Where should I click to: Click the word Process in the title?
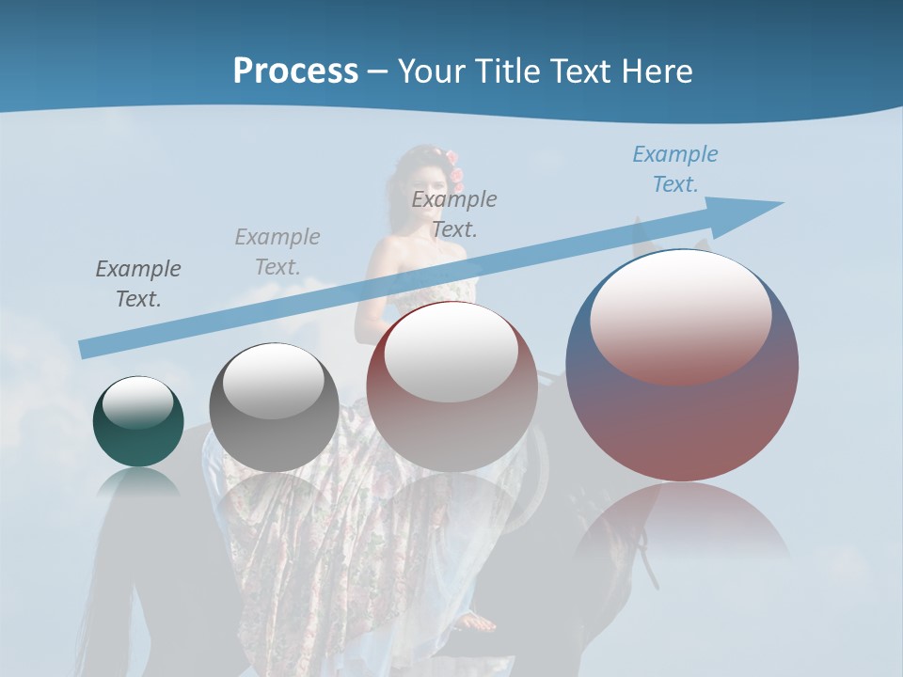pyautogui.click(x=295, y=71)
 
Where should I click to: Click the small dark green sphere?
pyautogui.click(x=138, y=422)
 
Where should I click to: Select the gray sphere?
pyautogui.click(x=274, y=409)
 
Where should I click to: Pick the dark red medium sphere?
pyautogui.click(x=451, y=387)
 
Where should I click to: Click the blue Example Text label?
pyautogui.click(x=674, y=169)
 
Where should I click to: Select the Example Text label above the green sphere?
pyautogui.click(x=137, y=284)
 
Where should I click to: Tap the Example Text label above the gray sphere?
pyautogui.click(x=277, y=251)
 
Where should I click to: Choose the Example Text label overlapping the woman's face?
pyautogui.click(x=453, y=213)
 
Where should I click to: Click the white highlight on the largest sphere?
pyautogui.click(x=680, y=315)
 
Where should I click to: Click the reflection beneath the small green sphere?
pyautogui.click(x=138, y=483)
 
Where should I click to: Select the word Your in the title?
pyautogui.click(x=431, y=71)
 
